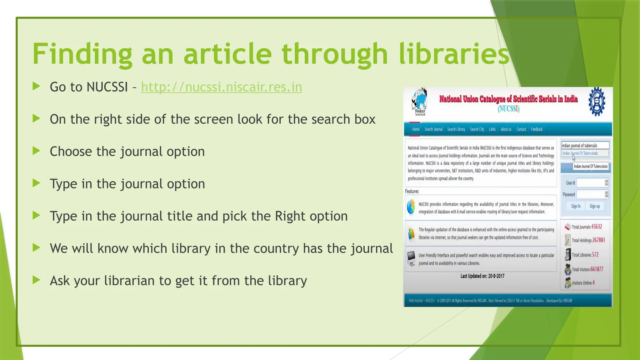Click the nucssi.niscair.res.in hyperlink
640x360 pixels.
(222, 87)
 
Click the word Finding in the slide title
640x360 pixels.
(82, 54)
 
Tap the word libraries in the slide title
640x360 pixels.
(454, 54)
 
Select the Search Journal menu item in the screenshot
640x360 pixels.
(433, 129)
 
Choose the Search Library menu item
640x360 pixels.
(456, 129)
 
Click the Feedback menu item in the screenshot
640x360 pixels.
(537, 129)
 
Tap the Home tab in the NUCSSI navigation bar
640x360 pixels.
(416, 129)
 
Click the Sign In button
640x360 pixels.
(576, 206)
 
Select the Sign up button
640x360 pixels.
(594, 206)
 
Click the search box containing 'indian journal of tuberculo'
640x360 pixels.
(585, 145)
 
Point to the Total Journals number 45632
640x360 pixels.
(597, 227)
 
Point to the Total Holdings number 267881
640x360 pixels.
(598, 240)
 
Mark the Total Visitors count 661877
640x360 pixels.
(597, 269)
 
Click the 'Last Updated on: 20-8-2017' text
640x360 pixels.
(482, 276)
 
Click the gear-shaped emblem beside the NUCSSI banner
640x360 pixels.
(597, 102)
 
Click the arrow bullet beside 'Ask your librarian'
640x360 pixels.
(37, 280)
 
